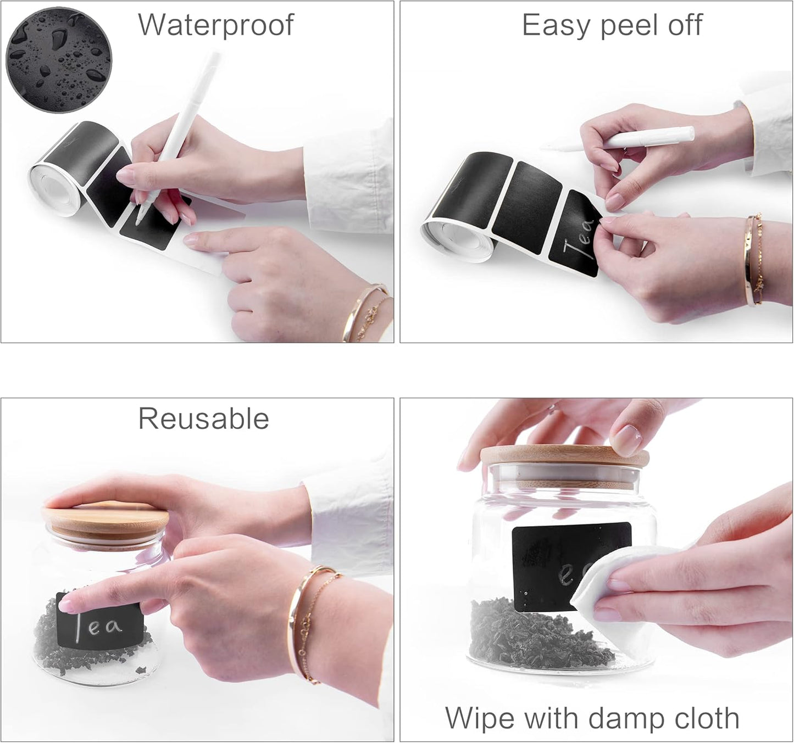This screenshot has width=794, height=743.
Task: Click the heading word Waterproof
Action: click(215, 26)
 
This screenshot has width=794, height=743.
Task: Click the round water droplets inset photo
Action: click(58, 60)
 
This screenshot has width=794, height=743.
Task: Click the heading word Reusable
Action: click(203, 419)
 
